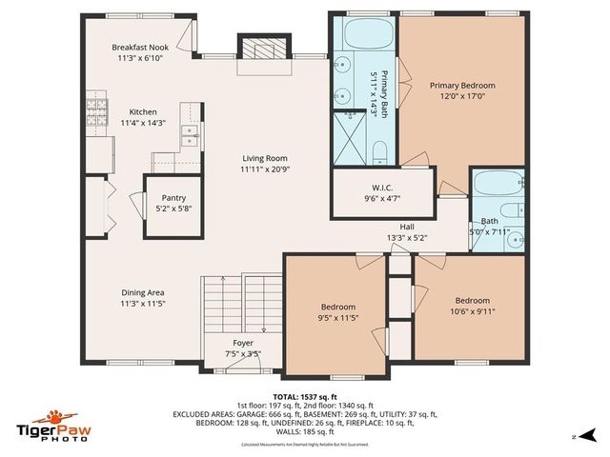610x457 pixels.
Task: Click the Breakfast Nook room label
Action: click(x=140, y=47)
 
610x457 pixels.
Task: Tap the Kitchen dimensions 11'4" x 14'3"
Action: click(x=143, y=123)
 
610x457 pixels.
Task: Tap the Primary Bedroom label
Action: click(x=462, y=85)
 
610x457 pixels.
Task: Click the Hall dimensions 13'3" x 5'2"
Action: click(x=407, y=237)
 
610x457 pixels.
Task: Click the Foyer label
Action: click(x=243, y=343)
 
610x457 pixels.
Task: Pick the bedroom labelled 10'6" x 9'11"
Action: click(x=474, y=310)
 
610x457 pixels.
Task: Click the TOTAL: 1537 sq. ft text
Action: click(x=305, y=397)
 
